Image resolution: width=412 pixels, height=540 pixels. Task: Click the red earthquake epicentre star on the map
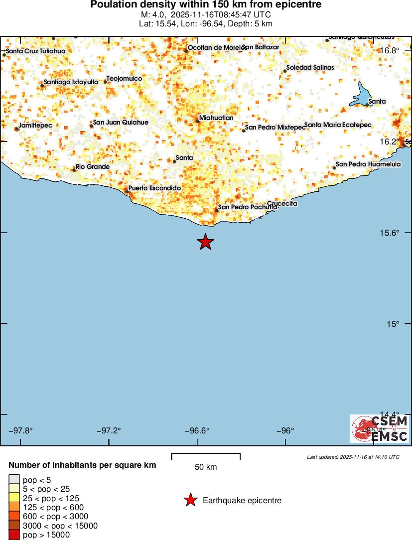coord(205,242)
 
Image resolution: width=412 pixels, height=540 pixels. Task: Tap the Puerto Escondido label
coord(154,188)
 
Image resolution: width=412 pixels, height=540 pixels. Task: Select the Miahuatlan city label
coord(216,118)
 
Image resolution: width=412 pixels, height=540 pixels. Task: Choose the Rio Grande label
coord(92,166)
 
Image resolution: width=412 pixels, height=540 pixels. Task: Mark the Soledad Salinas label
coord(310,67)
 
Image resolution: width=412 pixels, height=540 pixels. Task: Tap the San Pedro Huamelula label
coord(368,164)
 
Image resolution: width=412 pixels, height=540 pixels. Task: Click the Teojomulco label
coord(125,79)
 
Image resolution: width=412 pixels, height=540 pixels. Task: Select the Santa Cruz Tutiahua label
coord(36,51)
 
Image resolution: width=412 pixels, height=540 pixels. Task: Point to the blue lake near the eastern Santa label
coord(362,95)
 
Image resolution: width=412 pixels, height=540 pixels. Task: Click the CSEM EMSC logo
coord(380,428)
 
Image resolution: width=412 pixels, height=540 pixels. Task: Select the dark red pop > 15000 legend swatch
coord(13,535)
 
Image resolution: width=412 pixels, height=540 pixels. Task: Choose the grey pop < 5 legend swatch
coord(13,480)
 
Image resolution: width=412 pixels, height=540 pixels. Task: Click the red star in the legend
coord(190,500)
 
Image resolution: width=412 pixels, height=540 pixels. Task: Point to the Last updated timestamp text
coord(353,457)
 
